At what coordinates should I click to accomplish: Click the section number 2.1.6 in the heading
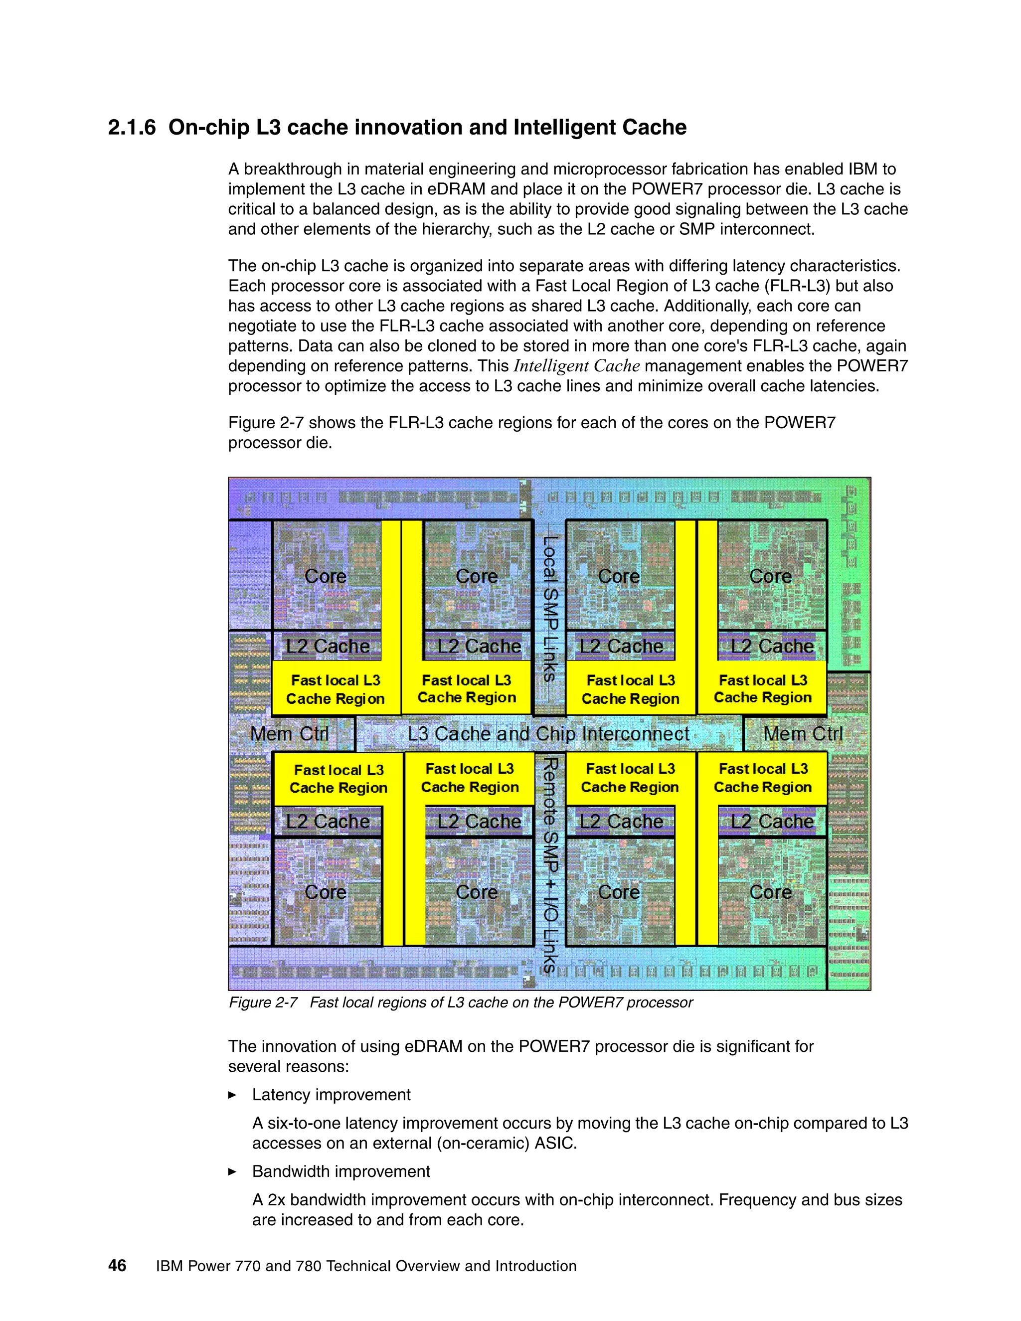(132, 128)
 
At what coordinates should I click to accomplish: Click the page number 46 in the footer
(117, 1266)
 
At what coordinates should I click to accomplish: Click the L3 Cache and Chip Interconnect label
(548, 734)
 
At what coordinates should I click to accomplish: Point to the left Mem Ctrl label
(289, 734)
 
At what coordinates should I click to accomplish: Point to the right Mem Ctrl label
(803, 734)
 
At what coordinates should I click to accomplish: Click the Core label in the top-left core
(326, 576)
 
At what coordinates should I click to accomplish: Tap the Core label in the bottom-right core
(770, 892)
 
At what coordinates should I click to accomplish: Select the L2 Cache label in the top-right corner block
(772, 646)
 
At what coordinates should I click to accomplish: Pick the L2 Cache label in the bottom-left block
(327, 822)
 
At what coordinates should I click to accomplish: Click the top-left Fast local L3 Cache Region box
(336, 689)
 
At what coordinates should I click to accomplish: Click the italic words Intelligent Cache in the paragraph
(576, 366)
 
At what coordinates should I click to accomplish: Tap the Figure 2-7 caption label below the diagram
(263, 1003)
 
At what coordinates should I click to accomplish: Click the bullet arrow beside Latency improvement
(232, 1095)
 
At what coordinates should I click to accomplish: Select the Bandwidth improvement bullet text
(340, 1171)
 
